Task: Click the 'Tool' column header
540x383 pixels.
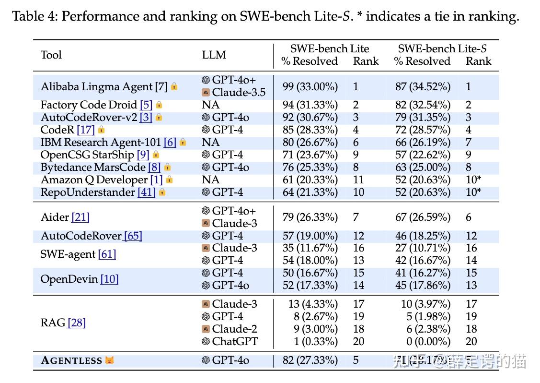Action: point(51,55)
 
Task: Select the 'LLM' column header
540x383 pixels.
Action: point(214,55)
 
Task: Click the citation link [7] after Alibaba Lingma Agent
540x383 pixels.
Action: point(161,86)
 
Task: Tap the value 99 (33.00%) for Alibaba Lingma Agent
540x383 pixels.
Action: point(310,86)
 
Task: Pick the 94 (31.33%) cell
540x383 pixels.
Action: point(310,105)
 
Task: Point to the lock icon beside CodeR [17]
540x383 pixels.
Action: point(101,130)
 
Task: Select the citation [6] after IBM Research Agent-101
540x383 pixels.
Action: point(170,142)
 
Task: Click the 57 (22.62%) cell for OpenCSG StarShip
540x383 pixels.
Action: point(422,155)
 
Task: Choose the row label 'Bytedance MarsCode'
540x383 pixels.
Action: point(93,167)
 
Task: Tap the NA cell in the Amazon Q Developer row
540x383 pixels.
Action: point(210,180)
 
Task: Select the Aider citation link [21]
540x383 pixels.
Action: point(80,217)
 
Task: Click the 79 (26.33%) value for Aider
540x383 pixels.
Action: point(310,217)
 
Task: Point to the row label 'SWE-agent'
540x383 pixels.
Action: point(68,254)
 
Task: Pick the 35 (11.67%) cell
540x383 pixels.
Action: point(310,248)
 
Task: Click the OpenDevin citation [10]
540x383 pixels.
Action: point(109,279)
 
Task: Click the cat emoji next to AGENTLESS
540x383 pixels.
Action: point(110,360)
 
